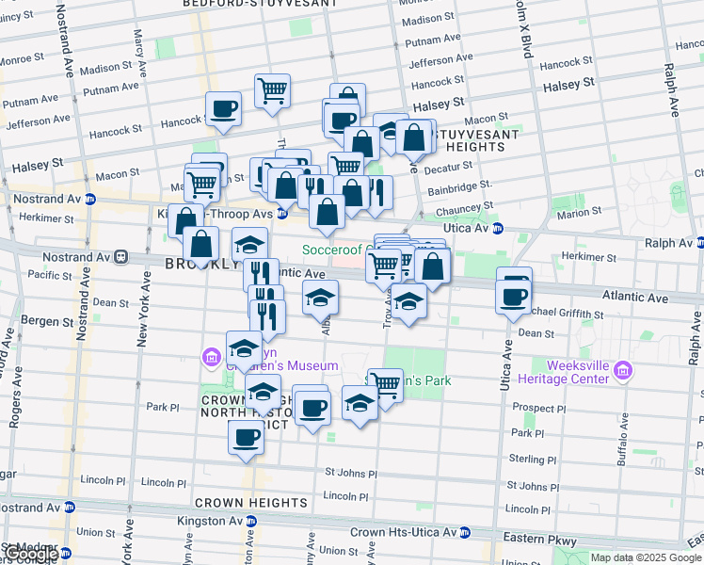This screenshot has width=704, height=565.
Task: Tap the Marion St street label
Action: [578, 214]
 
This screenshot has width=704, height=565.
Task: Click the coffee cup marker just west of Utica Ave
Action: [513, 296]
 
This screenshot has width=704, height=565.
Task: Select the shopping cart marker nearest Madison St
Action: [272, 90]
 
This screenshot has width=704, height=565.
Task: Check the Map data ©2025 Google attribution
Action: [646, 557]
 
